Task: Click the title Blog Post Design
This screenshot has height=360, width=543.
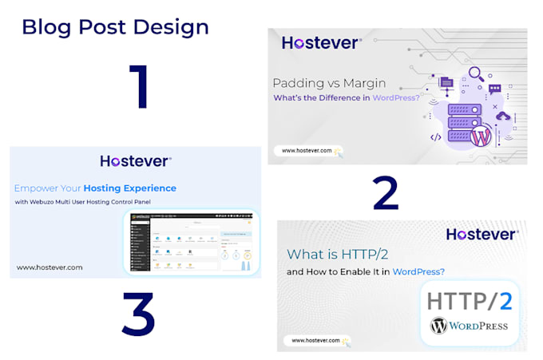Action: pyautogui.click(x=115, y=26)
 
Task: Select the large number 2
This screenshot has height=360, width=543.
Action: pyautogui.click(x=386, y=192)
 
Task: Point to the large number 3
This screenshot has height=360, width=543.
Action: pyautogui.click(x=137, y=313)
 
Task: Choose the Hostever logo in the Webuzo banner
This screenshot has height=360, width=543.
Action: pyautogui.click(x=136, y=160)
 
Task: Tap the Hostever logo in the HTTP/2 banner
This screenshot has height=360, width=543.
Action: pyautogui.click(x=482, y=234)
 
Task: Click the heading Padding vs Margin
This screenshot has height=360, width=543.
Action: pyautogui.click(x=329, y=83)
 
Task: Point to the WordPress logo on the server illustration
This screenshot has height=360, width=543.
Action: pyautogui.click(x=482, y=136)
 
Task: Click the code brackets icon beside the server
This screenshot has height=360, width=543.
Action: pyautogui.click(x=436, y=137)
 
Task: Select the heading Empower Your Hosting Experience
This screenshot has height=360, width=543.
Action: pyautogui.click(x=95, y=188)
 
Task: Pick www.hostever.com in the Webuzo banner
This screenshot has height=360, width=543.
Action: pyautogui.click(x=49, y=267)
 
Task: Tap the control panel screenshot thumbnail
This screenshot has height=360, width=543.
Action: pyautogui.click(x=192, y=241)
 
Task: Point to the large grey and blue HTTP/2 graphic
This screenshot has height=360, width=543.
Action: pyautogui.click(x=469, y=301)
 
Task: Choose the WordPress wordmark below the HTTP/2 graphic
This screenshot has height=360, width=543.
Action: pyautogui.click(x=469, y=326)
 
